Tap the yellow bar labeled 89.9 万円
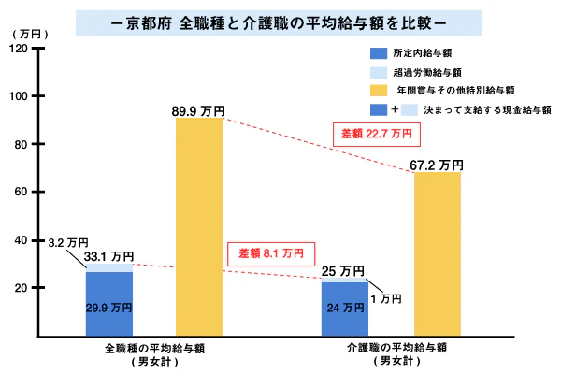pyautogui.click(x=198, y=224)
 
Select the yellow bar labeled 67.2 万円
pyautogui.click(x=438, y=252)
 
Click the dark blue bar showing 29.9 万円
pyautogui.click(x=109, y=304)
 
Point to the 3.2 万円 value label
pyautogui.click(x=65, y=242)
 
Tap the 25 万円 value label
pyautogui.click(x=343, y=271)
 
